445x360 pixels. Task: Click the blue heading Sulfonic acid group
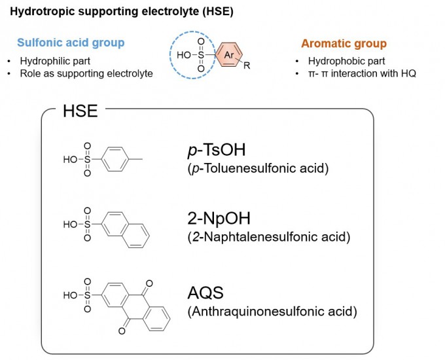click(x=71, y=43)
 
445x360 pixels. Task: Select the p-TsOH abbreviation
click(x=216, y=151)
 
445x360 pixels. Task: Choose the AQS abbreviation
click(x=207, y=292)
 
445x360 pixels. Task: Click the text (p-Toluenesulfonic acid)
click(x=258, y=169)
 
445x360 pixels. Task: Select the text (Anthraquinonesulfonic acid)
click(x=272, y=312)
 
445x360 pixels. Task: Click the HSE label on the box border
click(x=80, y=111)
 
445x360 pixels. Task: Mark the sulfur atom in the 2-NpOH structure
click(x=87, y=225)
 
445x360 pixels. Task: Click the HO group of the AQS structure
click(x=69, y=295)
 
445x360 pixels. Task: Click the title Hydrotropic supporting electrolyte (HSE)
click(x=122, y=12)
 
